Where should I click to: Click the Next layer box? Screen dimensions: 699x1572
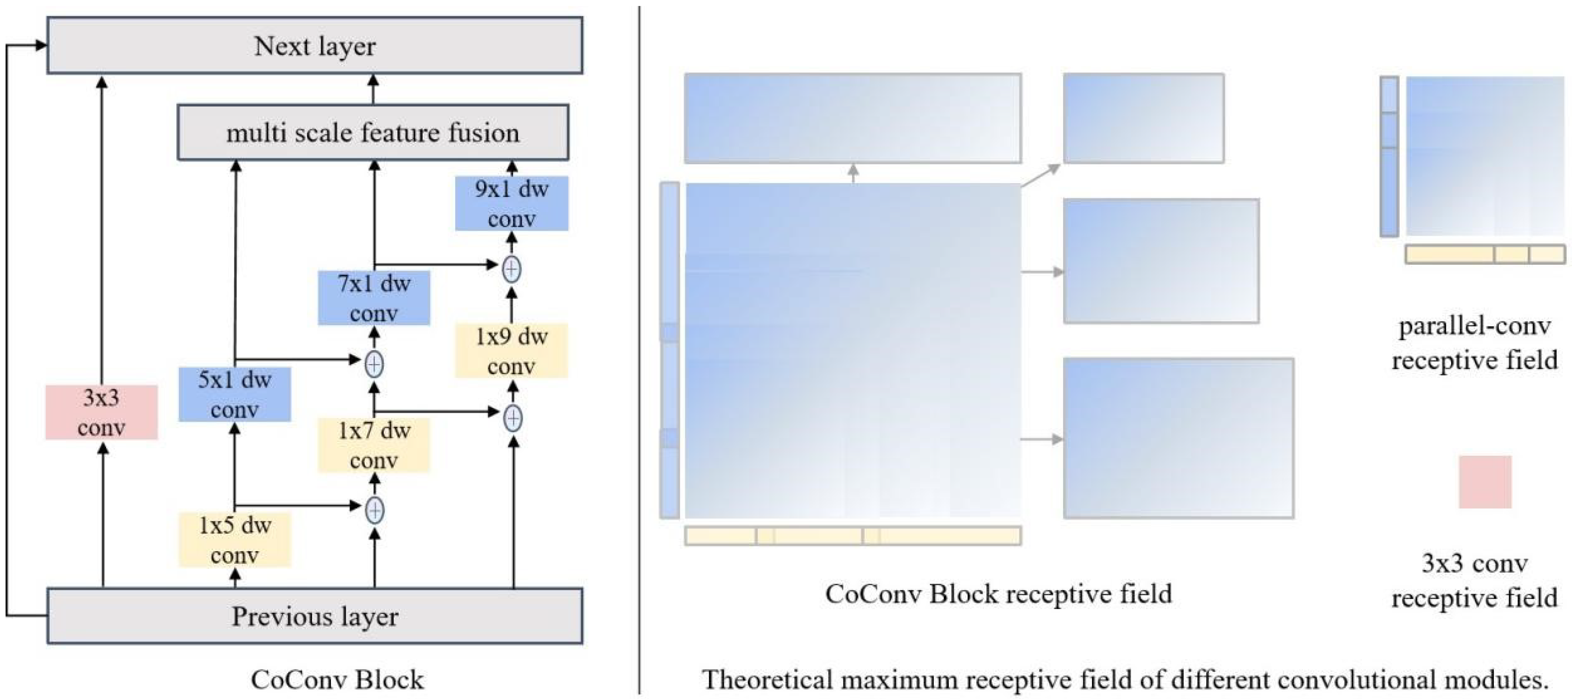pyautogui.click(x=314, y=46)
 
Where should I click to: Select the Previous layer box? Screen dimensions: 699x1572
pyautogui.click(x=314, y=616)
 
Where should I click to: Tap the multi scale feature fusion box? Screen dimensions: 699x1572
pyautogui.click(x=373, y=132)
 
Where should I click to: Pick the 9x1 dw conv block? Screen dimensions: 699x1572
pyautogui.click(x=512, y=203)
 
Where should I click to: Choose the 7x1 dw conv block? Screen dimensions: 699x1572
pyautogui.click(x=374, y=298)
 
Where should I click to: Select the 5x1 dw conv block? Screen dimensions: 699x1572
pyautogui.click(x=234, y=394)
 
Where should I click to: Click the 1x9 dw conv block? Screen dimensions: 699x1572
pyautogui.click(x=512, y=350)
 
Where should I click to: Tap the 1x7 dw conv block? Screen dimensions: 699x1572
pyautogui.click(x=374, y=445)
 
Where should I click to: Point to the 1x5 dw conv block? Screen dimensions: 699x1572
pyautogui.click(x=234, y=540)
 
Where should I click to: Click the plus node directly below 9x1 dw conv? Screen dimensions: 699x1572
pyautogui.click(x=512, y=269)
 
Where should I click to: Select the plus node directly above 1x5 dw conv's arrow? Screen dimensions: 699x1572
pyautogui.click(x=374, y=510)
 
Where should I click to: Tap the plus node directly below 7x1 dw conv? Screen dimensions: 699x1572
pyautogui.click(x=374, y=364)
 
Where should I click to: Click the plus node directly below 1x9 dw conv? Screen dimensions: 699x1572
pyautogui.click(x=513, y=418)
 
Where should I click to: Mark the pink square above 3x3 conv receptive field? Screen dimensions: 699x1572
pyautogui.click(x=1485, y=482)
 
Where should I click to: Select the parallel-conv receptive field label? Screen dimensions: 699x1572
pyautogui.click(x=1474, y=343)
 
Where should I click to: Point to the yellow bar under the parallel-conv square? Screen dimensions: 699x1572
pyautogui.click(x=1485, y=254)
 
